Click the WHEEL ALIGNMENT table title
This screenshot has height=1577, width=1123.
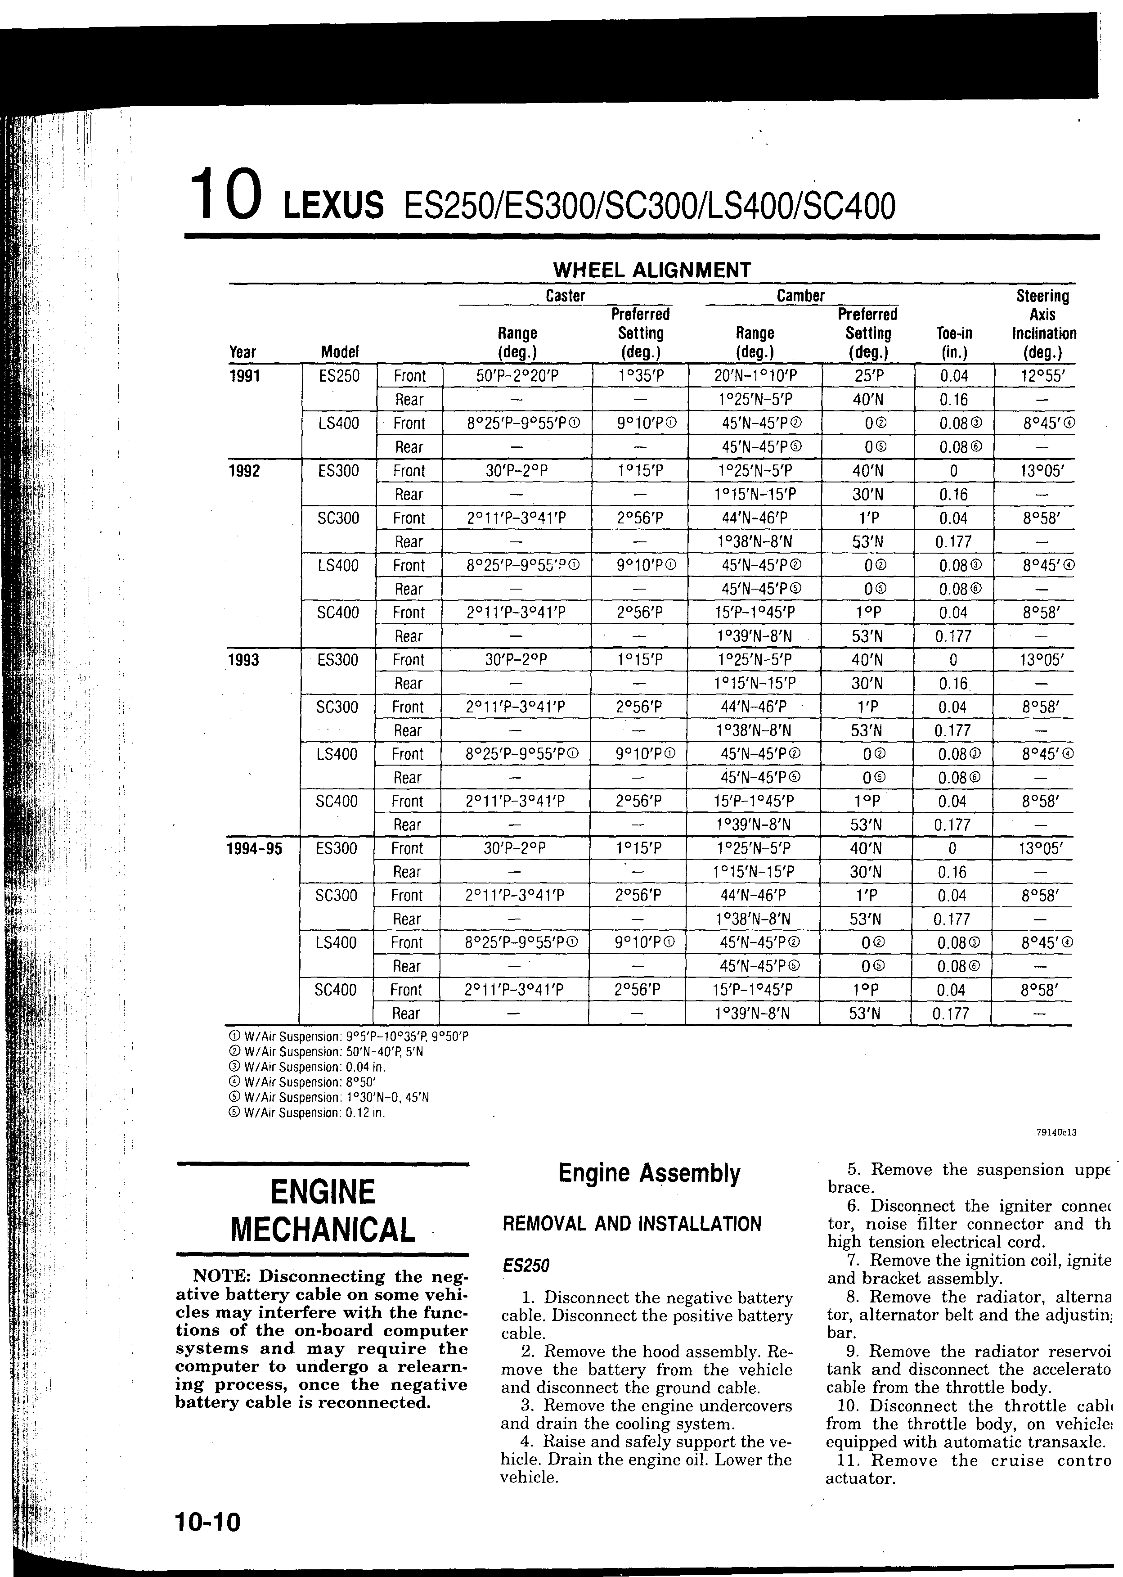(x=651, y=270)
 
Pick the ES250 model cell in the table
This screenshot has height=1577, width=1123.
(x=340, y=376)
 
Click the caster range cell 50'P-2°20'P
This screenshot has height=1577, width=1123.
(x=517, y=376)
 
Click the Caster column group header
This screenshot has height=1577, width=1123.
(x=565, y=296)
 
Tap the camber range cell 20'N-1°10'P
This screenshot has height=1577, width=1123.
(x=755, y=376)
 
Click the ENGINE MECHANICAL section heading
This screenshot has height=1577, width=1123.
(x=323, y=1210)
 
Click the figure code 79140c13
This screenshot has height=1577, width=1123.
(x=1056, y=1133)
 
